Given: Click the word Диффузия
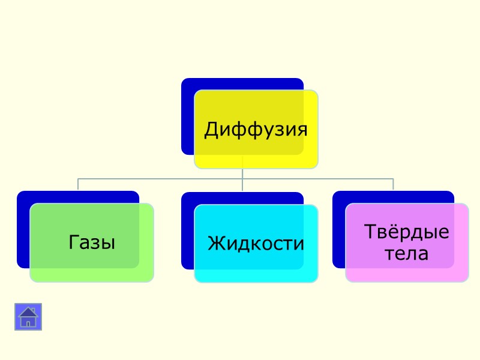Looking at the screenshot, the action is point(256,129).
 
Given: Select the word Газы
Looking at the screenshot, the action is point(92,242).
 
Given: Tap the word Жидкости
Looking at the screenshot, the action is point(256,244).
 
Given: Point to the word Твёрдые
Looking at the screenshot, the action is point(407,232).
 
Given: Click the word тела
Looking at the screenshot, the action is point(406,254).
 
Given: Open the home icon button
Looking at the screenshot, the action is point(28,317).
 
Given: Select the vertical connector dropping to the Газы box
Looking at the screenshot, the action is point(78,184).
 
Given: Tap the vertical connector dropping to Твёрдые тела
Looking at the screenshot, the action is point(393,184).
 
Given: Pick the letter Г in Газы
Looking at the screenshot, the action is point(74,242).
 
